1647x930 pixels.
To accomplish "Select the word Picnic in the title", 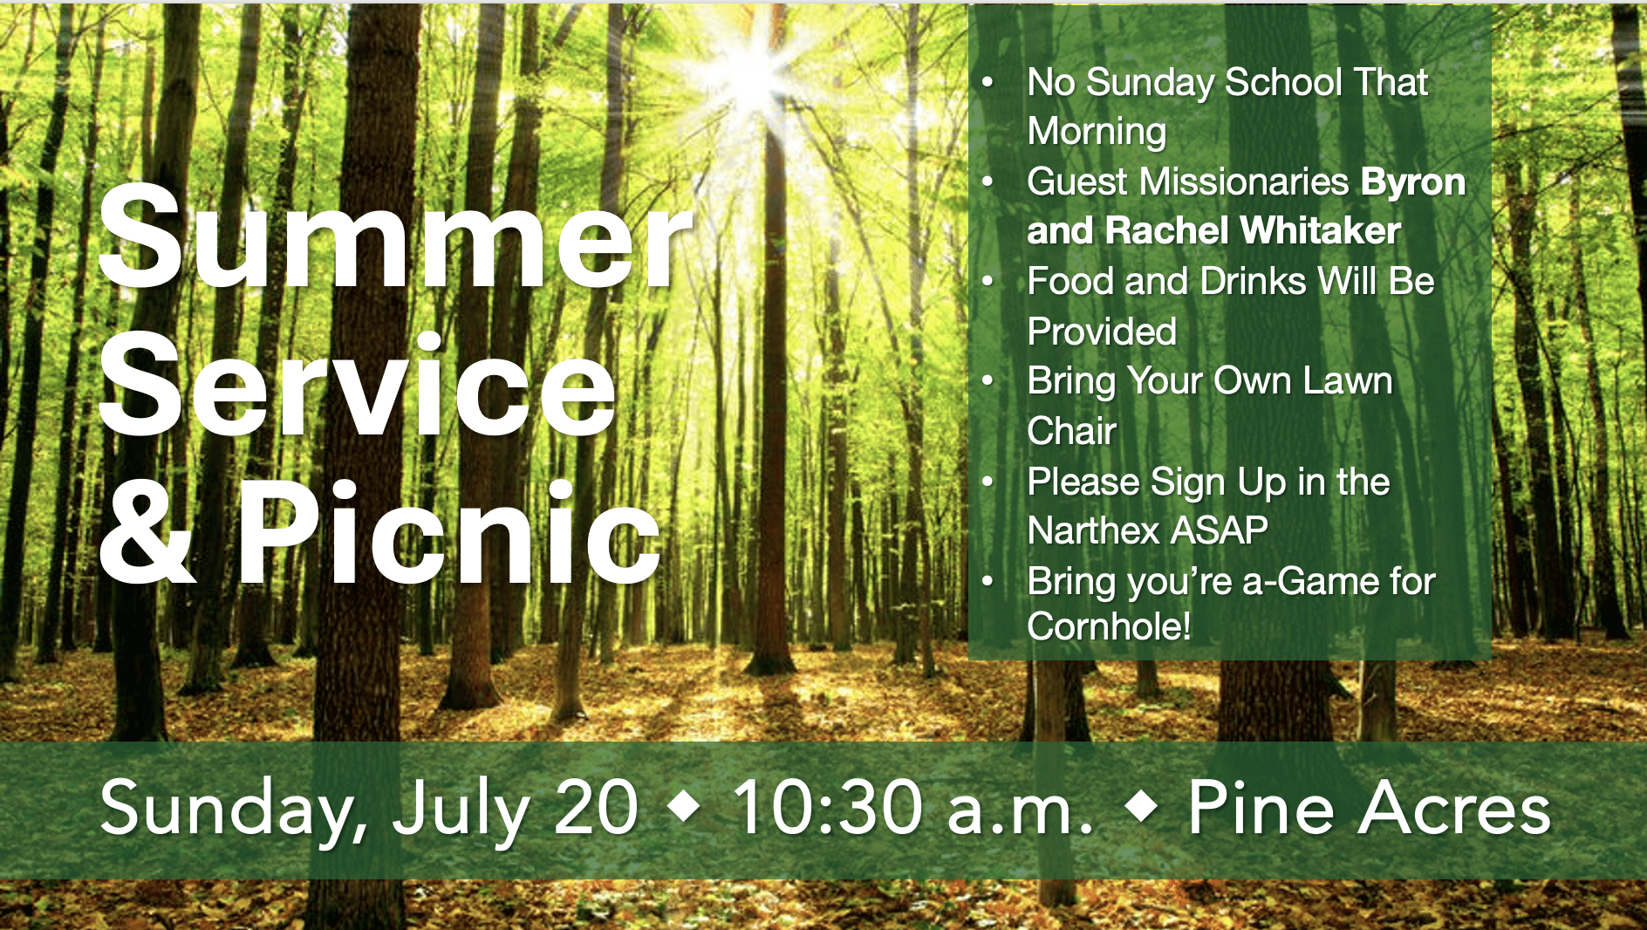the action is pos(449,532).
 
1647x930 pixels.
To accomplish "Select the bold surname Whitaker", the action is pos(1321,231).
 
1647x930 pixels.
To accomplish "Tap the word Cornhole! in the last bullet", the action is pos(1109,626).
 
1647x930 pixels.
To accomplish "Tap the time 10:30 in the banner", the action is pos(827,808).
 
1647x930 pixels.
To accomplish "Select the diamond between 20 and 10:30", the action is pos(684,808).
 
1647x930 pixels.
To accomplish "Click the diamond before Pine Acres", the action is pos(1142,808).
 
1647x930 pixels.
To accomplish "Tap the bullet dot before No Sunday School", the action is pos(988,83).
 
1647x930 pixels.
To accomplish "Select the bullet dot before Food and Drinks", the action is pos(988,282).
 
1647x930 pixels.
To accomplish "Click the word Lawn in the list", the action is pos(1347,381).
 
